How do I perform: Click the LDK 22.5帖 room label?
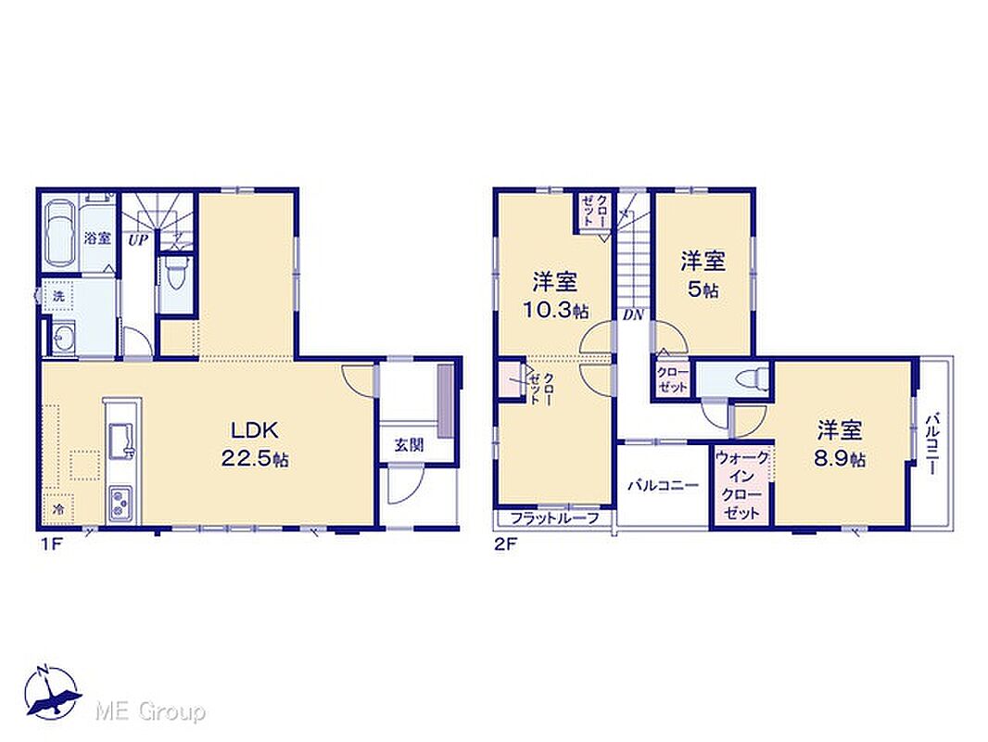click(x=255, y=444)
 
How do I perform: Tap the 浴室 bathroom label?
click(x=97, y=238)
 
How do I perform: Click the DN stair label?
click(x=633, y=315)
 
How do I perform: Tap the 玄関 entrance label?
click(x=409, y=445)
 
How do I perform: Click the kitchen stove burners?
click(x=122, y=505)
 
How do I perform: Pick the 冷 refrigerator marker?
click(x=58, y=509)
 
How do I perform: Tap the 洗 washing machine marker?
click(x=58, y=296)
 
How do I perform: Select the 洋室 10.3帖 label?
click(x=554, y=295)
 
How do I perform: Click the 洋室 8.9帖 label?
click(x=840, y=444)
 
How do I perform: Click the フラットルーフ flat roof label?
click(x=554, y=518)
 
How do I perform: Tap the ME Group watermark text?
click(x=150, y=711)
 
